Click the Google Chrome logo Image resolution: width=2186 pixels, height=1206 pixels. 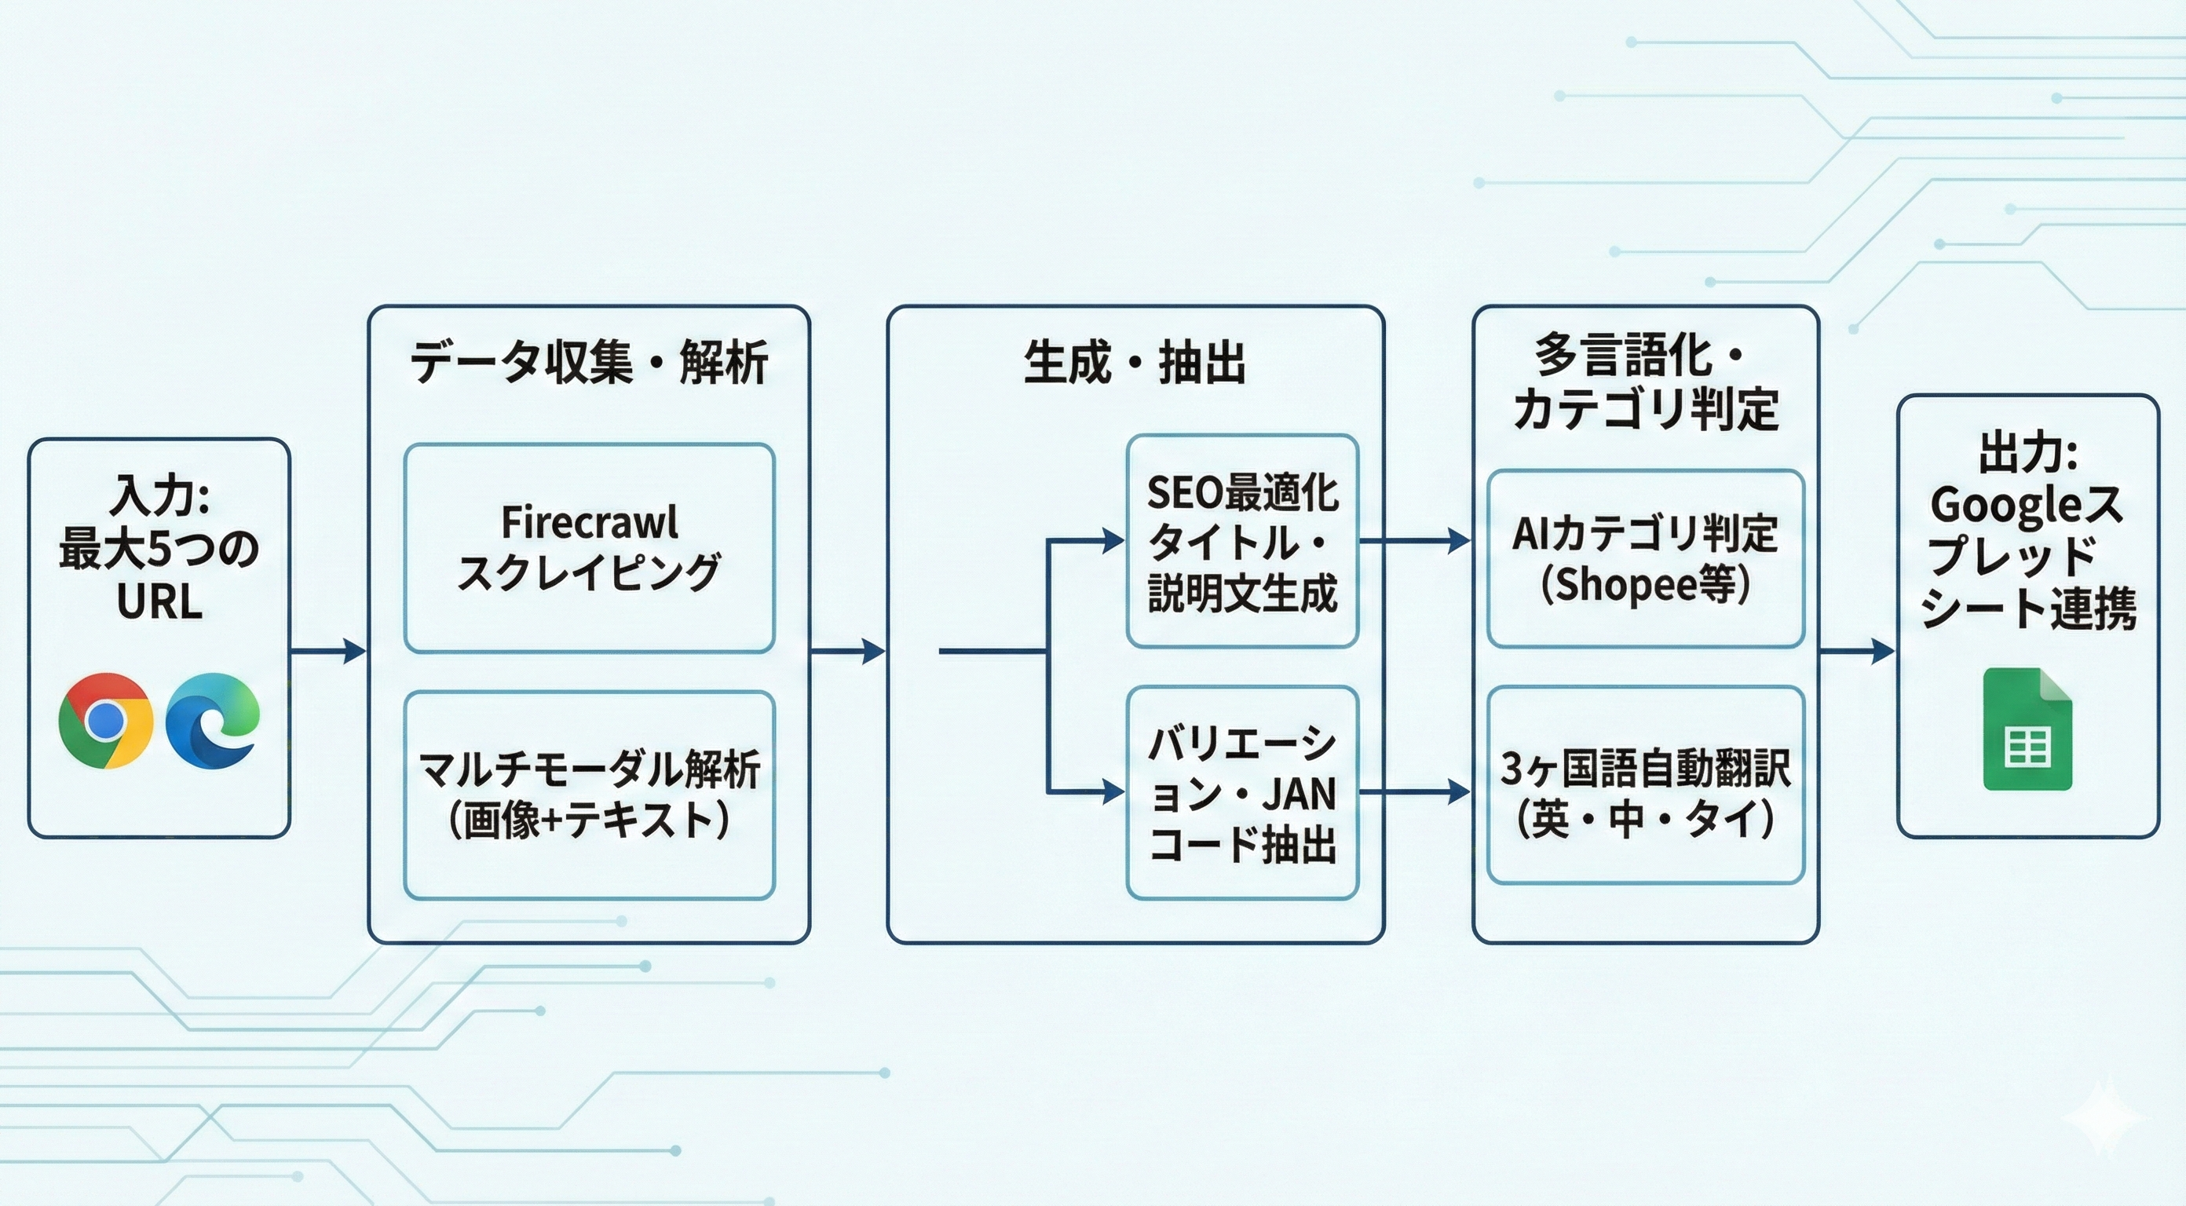105,721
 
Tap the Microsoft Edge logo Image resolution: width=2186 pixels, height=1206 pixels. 212,721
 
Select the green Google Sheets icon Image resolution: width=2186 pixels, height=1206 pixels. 2027,729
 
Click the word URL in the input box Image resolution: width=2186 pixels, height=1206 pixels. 159,601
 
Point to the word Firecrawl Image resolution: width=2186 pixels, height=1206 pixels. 589,522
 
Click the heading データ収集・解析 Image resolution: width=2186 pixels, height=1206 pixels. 589,363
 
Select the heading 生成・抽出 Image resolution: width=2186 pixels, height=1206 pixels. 1135,363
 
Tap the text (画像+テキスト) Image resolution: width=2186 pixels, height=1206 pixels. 589,820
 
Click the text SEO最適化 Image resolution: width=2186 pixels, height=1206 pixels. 1242,493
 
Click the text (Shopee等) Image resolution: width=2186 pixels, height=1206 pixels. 1644,584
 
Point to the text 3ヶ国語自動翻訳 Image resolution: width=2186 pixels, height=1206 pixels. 1644,768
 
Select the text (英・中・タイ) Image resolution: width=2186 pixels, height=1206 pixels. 1644,819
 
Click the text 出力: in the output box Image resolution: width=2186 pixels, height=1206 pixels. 2027,452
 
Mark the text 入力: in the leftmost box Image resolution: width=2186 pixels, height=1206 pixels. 159,495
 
